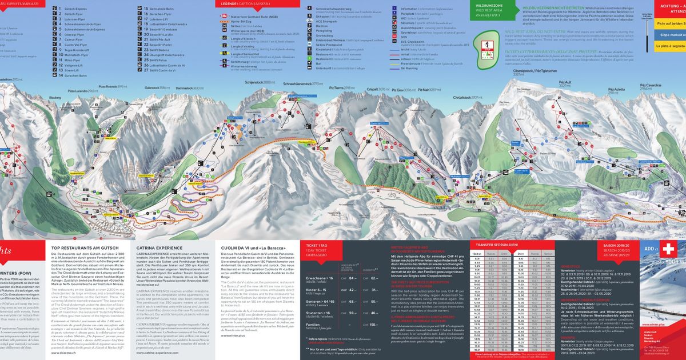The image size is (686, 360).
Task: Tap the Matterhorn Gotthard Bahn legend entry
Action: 254,18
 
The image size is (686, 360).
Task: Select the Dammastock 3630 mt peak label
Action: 190,89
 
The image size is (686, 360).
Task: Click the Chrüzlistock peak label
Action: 465,98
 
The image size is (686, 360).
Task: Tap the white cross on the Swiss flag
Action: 667,250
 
